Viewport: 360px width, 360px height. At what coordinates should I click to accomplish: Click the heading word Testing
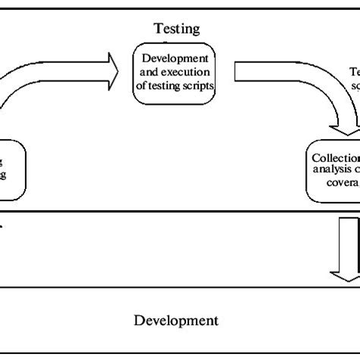pyautogui.click(x=176, y=30)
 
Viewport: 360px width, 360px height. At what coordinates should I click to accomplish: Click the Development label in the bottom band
pyautogui.click(x=177, y=320)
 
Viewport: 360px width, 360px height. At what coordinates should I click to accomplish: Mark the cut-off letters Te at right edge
pyautogui.click(x=354, y=72)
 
